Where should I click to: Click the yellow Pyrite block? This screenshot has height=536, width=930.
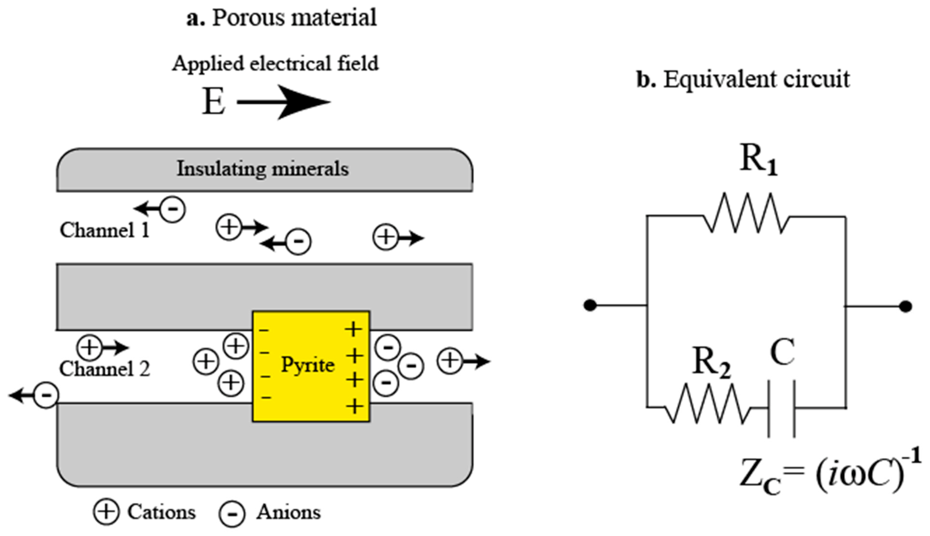coord(311,366)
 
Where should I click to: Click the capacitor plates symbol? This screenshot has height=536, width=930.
coord(781,409)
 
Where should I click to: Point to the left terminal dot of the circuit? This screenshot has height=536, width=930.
coord(590,305)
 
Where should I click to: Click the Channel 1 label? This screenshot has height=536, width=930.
coord(105,230)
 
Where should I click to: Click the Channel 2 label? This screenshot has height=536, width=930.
coord(105,369)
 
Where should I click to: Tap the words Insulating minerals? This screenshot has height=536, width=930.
coord(263,169)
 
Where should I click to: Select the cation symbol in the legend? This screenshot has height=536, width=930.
coord(106,512)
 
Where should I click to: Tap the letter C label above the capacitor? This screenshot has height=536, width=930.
coord(782,352)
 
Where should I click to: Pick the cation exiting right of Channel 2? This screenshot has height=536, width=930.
coord(449,361)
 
